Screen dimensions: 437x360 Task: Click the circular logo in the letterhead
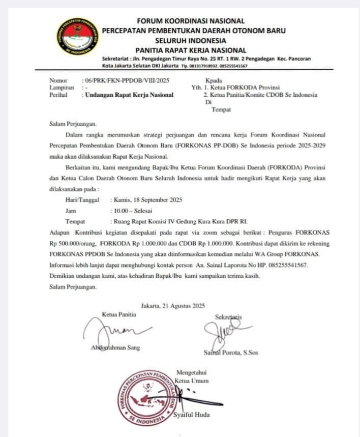pyautogui.click(x=78, y=37)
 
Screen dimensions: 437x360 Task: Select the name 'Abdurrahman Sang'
pyautogui.click(x=116, y=347)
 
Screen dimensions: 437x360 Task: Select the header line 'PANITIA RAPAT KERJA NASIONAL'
pyautogui.click(x=191, y=50)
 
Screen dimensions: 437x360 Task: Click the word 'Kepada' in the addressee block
pyautogui.click(x=214, y=80)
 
